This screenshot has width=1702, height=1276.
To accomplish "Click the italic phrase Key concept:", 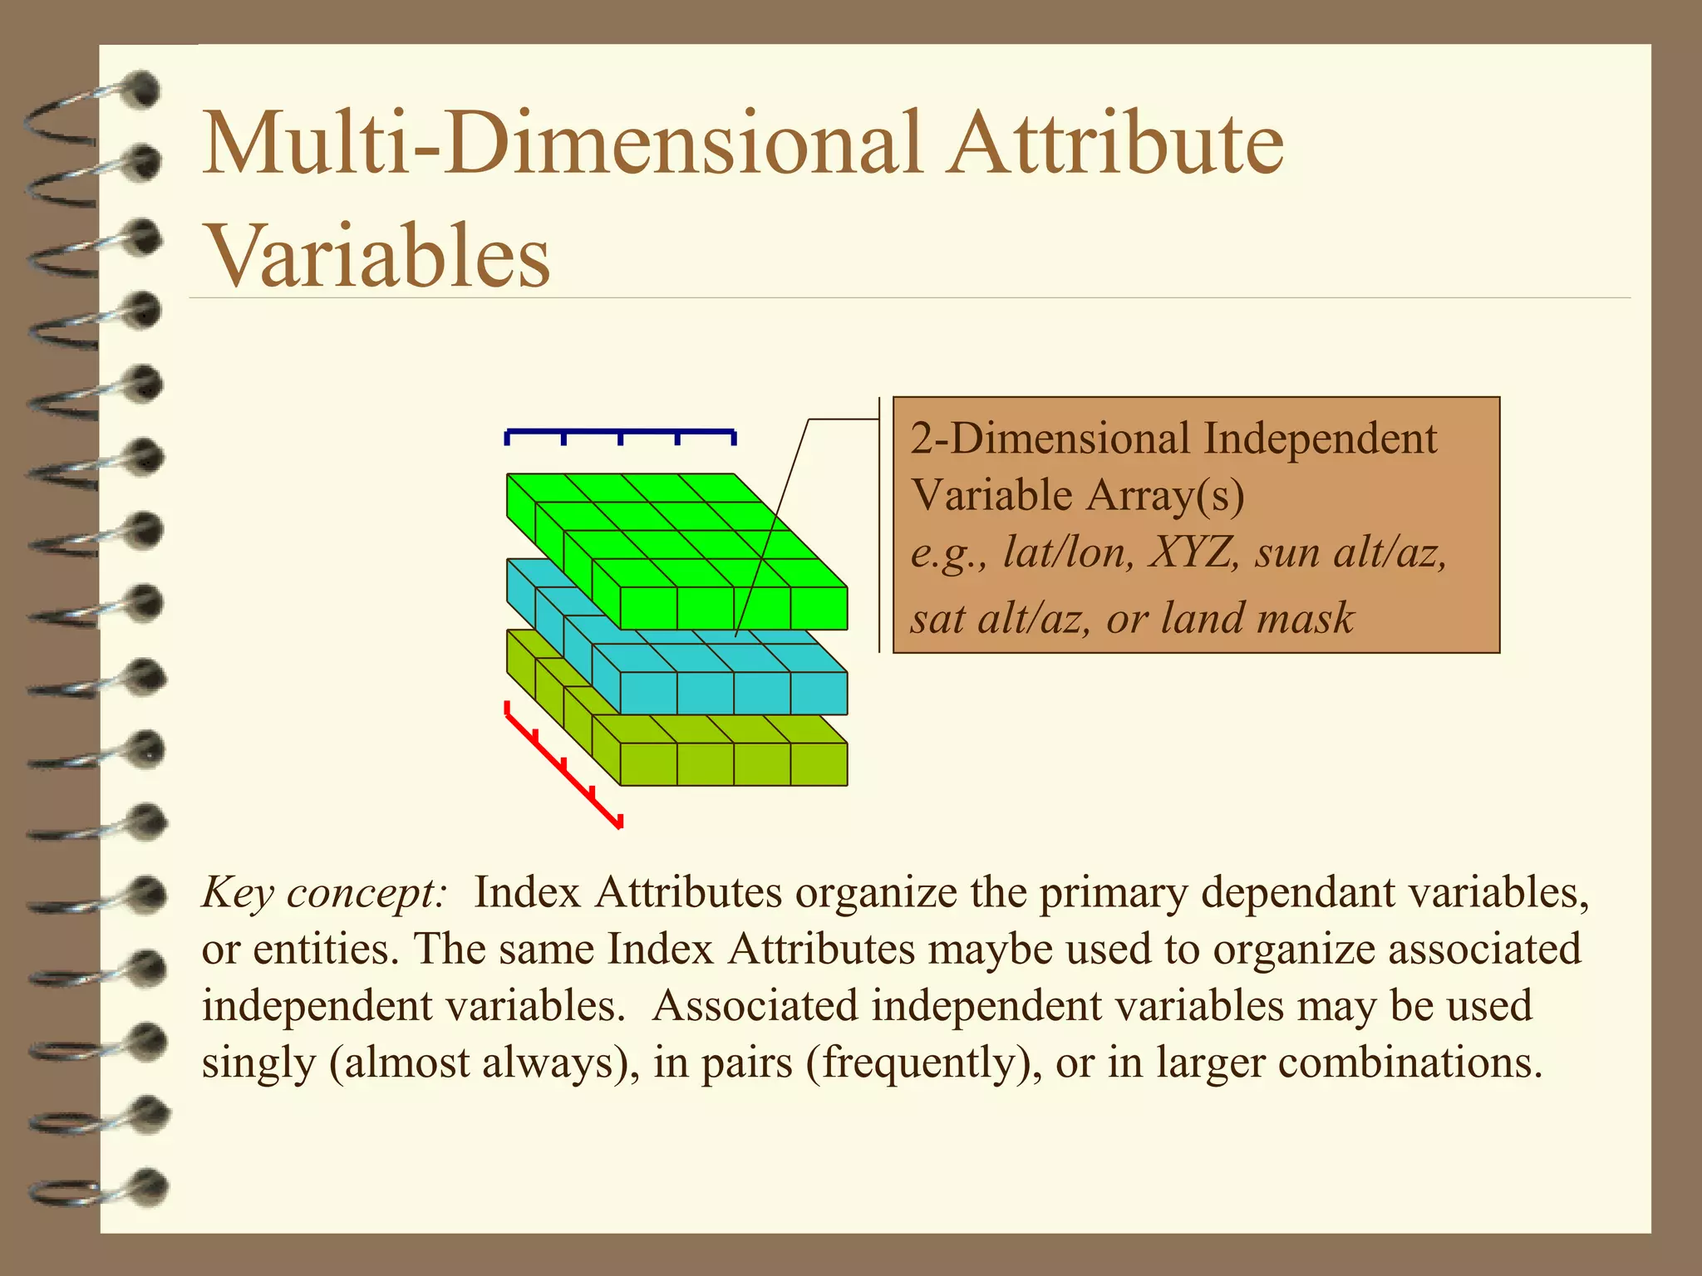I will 324,894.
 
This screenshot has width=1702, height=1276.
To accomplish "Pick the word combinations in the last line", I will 1409,1063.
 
